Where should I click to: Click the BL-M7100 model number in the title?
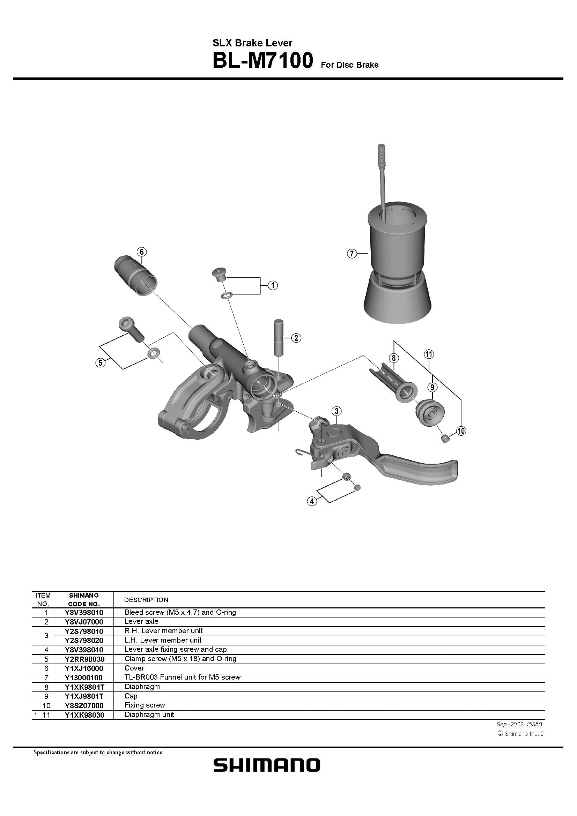tap(262, 61)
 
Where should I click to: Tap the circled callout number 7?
tap(351, 254)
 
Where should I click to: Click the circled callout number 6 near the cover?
tap(141, 252)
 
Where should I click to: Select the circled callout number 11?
tap(429, 354)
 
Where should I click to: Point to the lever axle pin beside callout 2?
tap(278, 336)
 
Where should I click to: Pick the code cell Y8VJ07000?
tap(84, 622)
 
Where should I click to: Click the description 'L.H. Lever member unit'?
tap(163, 640)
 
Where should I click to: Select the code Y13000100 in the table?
tap(84, 677)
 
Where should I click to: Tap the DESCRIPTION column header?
tap(146, 600)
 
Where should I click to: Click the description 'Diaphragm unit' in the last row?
tap(149, 714)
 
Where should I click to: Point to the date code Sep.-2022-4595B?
tap(519, 724)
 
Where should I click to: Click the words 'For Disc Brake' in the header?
tap(349, 65)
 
